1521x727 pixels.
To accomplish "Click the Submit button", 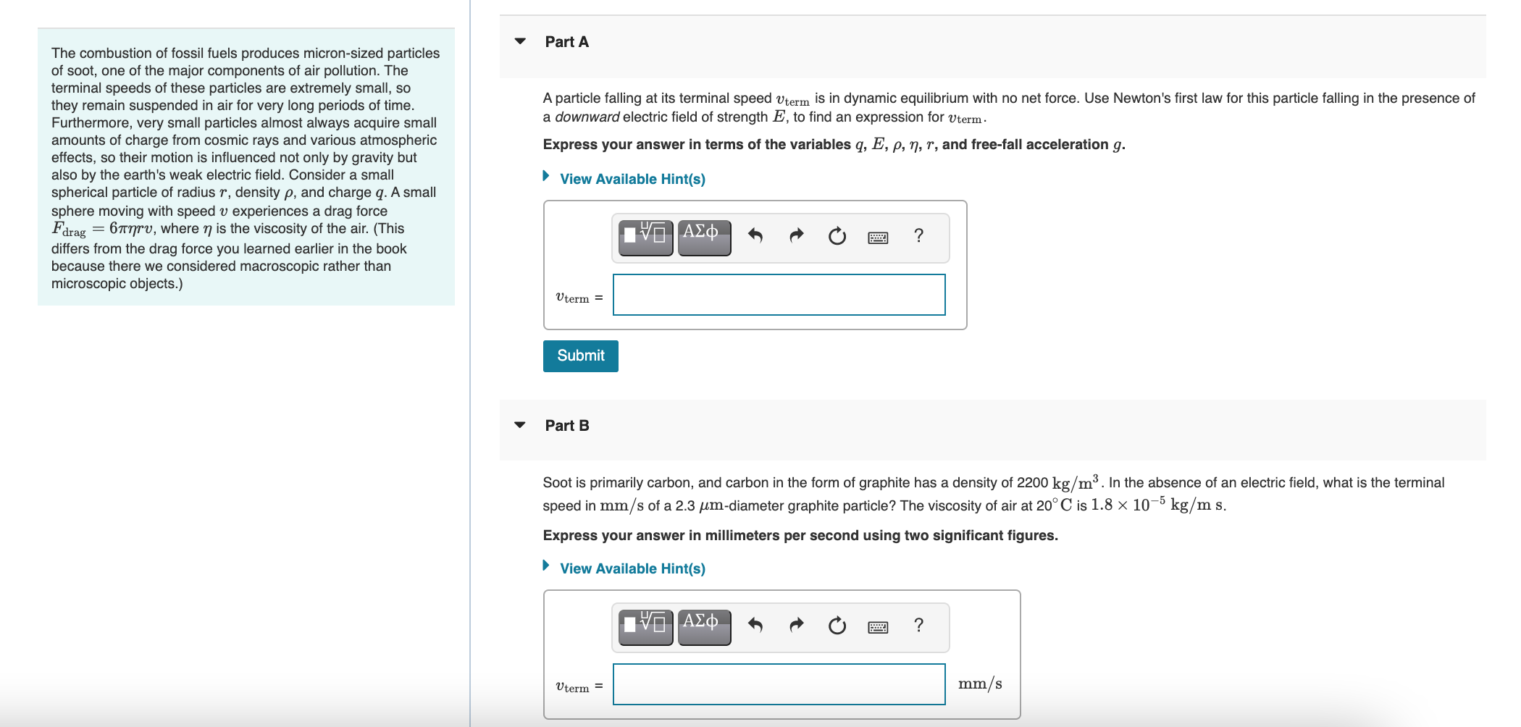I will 580,356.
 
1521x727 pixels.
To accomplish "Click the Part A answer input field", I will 779,295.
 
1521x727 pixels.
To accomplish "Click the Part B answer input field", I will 779,684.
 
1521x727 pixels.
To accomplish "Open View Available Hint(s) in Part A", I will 632,179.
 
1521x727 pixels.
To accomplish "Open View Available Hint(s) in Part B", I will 632,568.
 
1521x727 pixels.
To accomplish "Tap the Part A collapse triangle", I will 520,41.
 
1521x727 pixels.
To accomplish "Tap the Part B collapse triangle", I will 520,425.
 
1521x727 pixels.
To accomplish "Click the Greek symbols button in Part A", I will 703,236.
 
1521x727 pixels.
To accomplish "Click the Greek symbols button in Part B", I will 703,626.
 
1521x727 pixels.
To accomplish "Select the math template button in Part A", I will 645,236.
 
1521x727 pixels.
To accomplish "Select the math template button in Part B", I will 645,626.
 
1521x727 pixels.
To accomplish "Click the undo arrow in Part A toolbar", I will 755,236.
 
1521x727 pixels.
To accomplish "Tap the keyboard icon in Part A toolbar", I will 878,238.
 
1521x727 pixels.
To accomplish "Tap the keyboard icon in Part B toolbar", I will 878,627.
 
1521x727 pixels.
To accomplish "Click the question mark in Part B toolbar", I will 918,625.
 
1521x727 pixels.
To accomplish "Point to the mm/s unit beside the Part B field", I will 980,684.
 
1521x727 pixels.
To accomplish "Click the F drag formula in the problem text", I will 103,229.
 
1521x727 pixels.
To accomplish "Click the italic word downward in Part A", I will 587,117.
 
